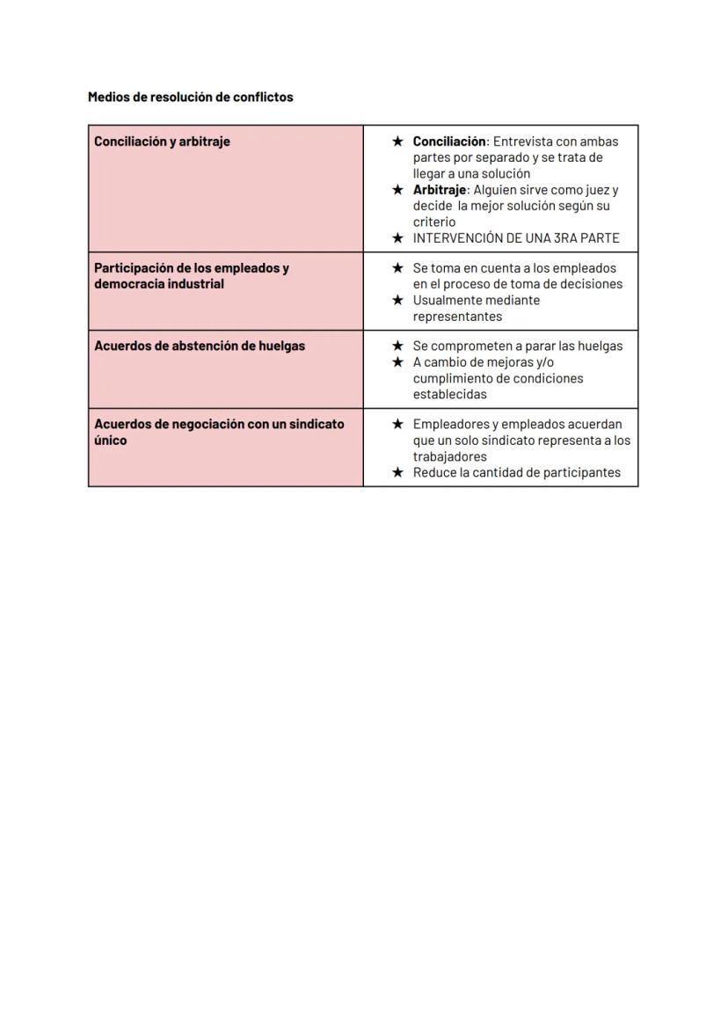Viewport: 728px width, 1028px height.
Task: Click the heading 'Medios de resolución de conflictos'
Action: coord(190,97)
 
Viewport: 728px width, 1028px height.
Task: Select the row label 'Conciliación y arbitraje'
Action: coord(162,142)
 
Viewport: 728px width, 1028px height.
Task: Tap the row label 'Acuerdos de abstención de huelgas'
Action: coord(200,346)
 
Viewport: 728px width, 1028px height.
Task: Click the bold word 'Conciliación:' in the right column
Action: coord(450,142)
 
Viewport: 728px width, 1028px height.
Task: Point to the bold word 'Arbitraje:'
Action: coord(440,190)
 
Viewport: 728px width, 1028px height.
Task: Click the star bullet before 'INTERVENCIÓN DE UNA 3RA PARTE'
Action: coord(397,238)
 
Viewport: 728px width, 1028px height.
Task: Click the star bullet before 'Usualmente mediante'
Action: coord(397,301)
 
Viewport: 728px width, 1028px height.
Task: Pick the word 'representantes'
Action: coord(457,317)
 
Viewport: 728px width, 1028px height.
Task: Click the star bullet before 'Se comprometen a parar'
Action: coord(397,346)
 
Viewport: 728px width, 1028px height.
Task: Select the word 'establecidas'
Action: coord(449,395)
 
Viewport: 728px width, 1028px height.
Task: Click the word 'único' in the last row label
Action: coord(111,441)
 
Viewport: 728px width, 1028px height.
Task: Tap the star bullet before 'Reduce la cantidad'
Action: coord(397,473)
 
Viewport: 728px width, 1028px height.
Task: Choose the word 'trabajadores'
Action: coord(449,457)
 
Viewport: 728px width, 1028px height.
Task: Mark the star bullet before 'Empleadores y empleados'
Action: coord(397,425)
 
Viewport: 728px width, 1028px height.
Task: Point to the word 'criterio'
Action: coord(434,222)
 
